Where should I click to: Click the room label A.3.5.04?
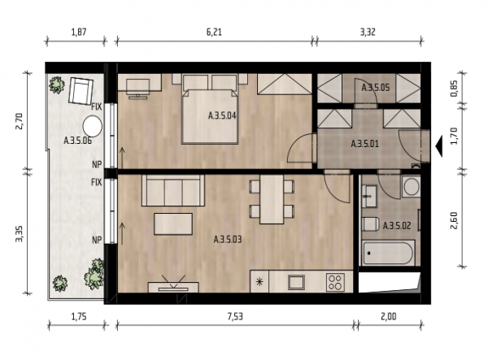(x=222, y=116)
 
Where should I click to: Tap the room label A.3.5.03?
(x=228, y=240)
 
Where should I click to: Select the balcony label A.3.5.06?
(x=77, y=141)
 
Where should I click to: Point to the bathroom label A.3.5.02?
(x=397, y=226)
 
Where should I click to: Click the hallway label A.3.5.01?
(x=364, y=144)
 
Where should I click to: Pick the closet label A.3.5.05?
(x=375, y=88)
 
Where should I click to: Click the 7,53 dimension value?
(x=235, y=317)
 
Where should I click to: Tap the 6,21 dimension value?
(x=214, y=32)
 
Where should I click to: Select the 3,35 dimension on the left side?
(x=19, y=234)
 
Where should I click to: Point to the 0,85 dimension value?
(x=454, y=89)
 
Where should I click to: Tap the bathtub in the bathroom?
(x=388, y=253)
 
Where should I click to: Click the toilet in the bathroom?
(x=370, y=224)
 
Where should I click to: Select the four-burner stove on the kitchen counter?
(x=335, y=282)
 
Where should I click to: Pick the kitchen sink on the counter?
(x=296, y=282)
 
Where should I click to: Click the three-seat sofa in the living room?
(x=173, y=190)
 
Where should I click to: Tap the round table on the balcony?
(x=93, y=126)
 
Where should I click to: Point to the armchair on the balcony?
(x=81, y=91)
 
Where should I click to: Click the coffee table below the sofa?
(x=173, y=223)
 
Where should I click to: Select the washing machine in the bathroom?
(x=411, y=186)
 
